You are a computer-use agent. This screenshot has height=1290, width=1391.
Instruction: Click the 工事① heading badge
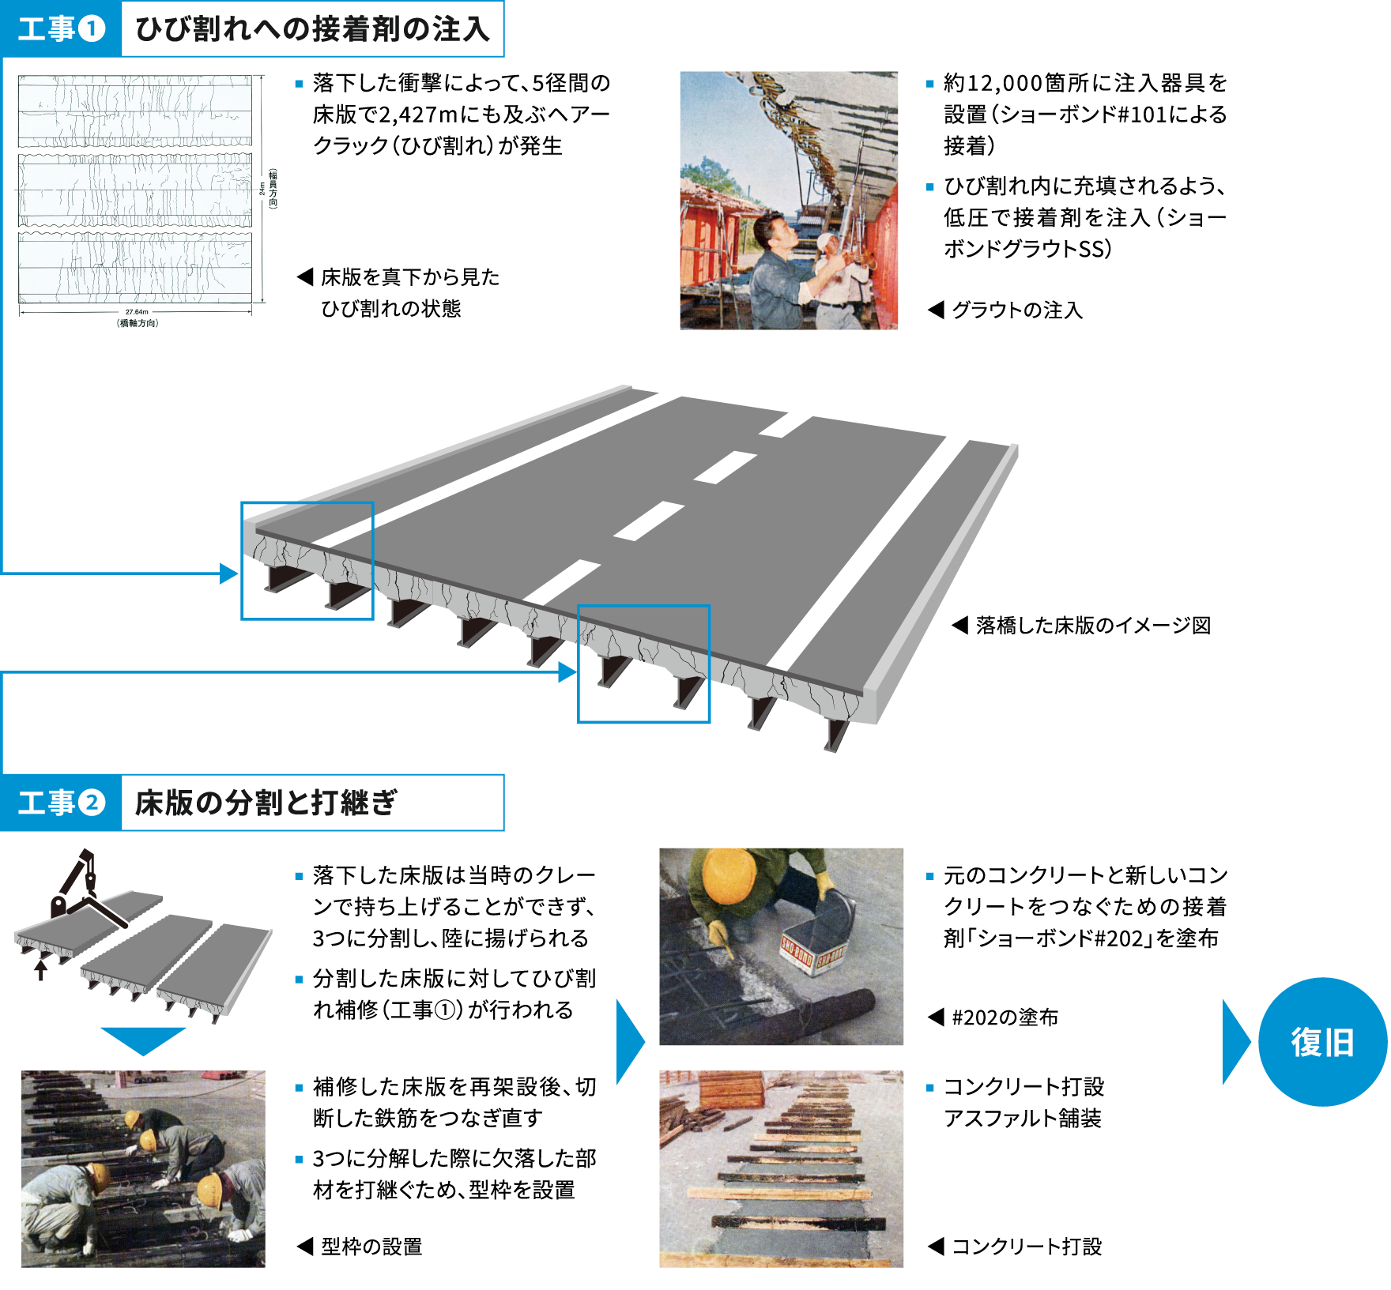click(61, 29)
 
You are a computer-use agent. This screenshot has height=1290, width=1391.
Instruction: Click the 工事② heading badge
click(61, 803)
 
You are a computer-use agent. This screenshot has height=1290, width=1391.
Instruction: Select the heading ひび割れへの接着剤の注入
click(312, 29)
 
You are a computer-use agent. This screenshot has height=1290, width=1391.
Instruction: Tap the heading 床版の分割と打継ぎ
click(266, 803)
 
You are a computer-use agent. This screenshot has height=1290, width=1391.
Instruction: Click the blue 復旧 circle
click(1322, 1042)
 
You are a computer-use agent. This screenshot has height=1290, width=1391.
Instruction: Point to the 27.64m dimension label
click(137, 312)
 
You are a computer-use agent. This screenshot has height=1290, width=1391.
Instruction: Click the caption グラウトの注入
click(1016, 310)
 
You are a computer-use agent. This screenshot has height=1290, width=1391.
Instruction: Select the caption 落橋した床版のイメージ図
click(1093, 626)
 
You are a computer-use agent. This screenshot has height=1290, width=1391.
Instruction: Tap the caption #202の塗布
click(1005, 1017)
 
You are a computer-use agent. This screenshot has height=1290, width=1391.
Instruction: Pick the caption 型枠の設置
click(371, 1247)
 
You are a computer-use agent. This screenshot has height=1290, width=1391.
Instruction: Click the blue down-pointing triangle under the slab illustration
click(143, 1040)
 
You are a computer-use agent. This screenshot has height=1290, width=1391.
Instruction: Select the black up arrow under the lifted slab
click(40, 968)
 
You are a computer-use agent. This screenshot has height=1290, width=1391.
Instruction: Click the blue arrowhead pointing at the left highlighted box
click(229, 574)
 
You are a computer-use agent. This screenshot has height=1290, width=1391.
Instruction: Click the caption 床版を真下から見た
click(410, 277)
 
